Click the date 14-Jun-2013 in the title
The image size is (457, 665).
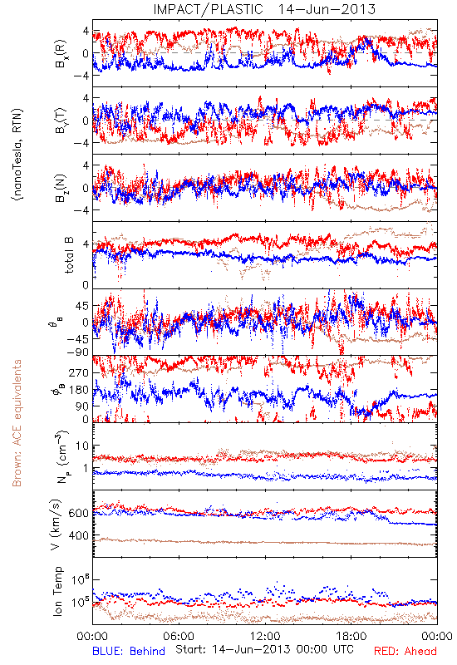pos(327,9)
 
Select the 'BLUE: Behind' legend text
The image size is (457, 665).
pos(129,651)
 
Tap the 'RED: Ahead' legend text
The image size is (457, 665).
pos(405,651)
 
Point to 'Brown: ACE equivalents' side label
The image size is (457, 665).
pos(17,423)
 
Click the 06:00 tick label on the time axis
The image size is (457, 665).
pos(179,636)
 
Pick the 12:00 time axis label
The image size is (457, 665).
pos(265,636)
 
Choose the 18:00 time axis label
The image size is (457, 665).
pos(351,636)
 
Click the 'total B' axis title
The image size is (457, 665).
pos(68,255)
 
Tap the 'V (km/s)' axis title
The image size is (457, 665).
pos(56,525)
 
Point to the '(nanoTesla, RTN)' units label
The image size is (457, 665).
pos(17,155)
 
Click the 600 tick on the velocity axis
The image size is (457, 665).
pos(79,513)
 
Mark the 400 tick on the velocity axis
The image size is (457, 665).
pos(79,535)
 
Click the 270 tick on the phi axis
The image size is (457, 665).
pos(79,372)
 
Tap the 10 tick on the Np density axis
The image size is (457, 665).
pos(82,446)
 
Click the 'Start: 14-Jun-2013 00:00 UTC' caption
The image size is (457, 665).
pos(264,649)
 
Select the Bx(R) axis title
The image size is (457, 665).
pos(61,53)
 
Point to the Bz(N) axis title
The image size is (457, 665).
pos(61,188)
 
